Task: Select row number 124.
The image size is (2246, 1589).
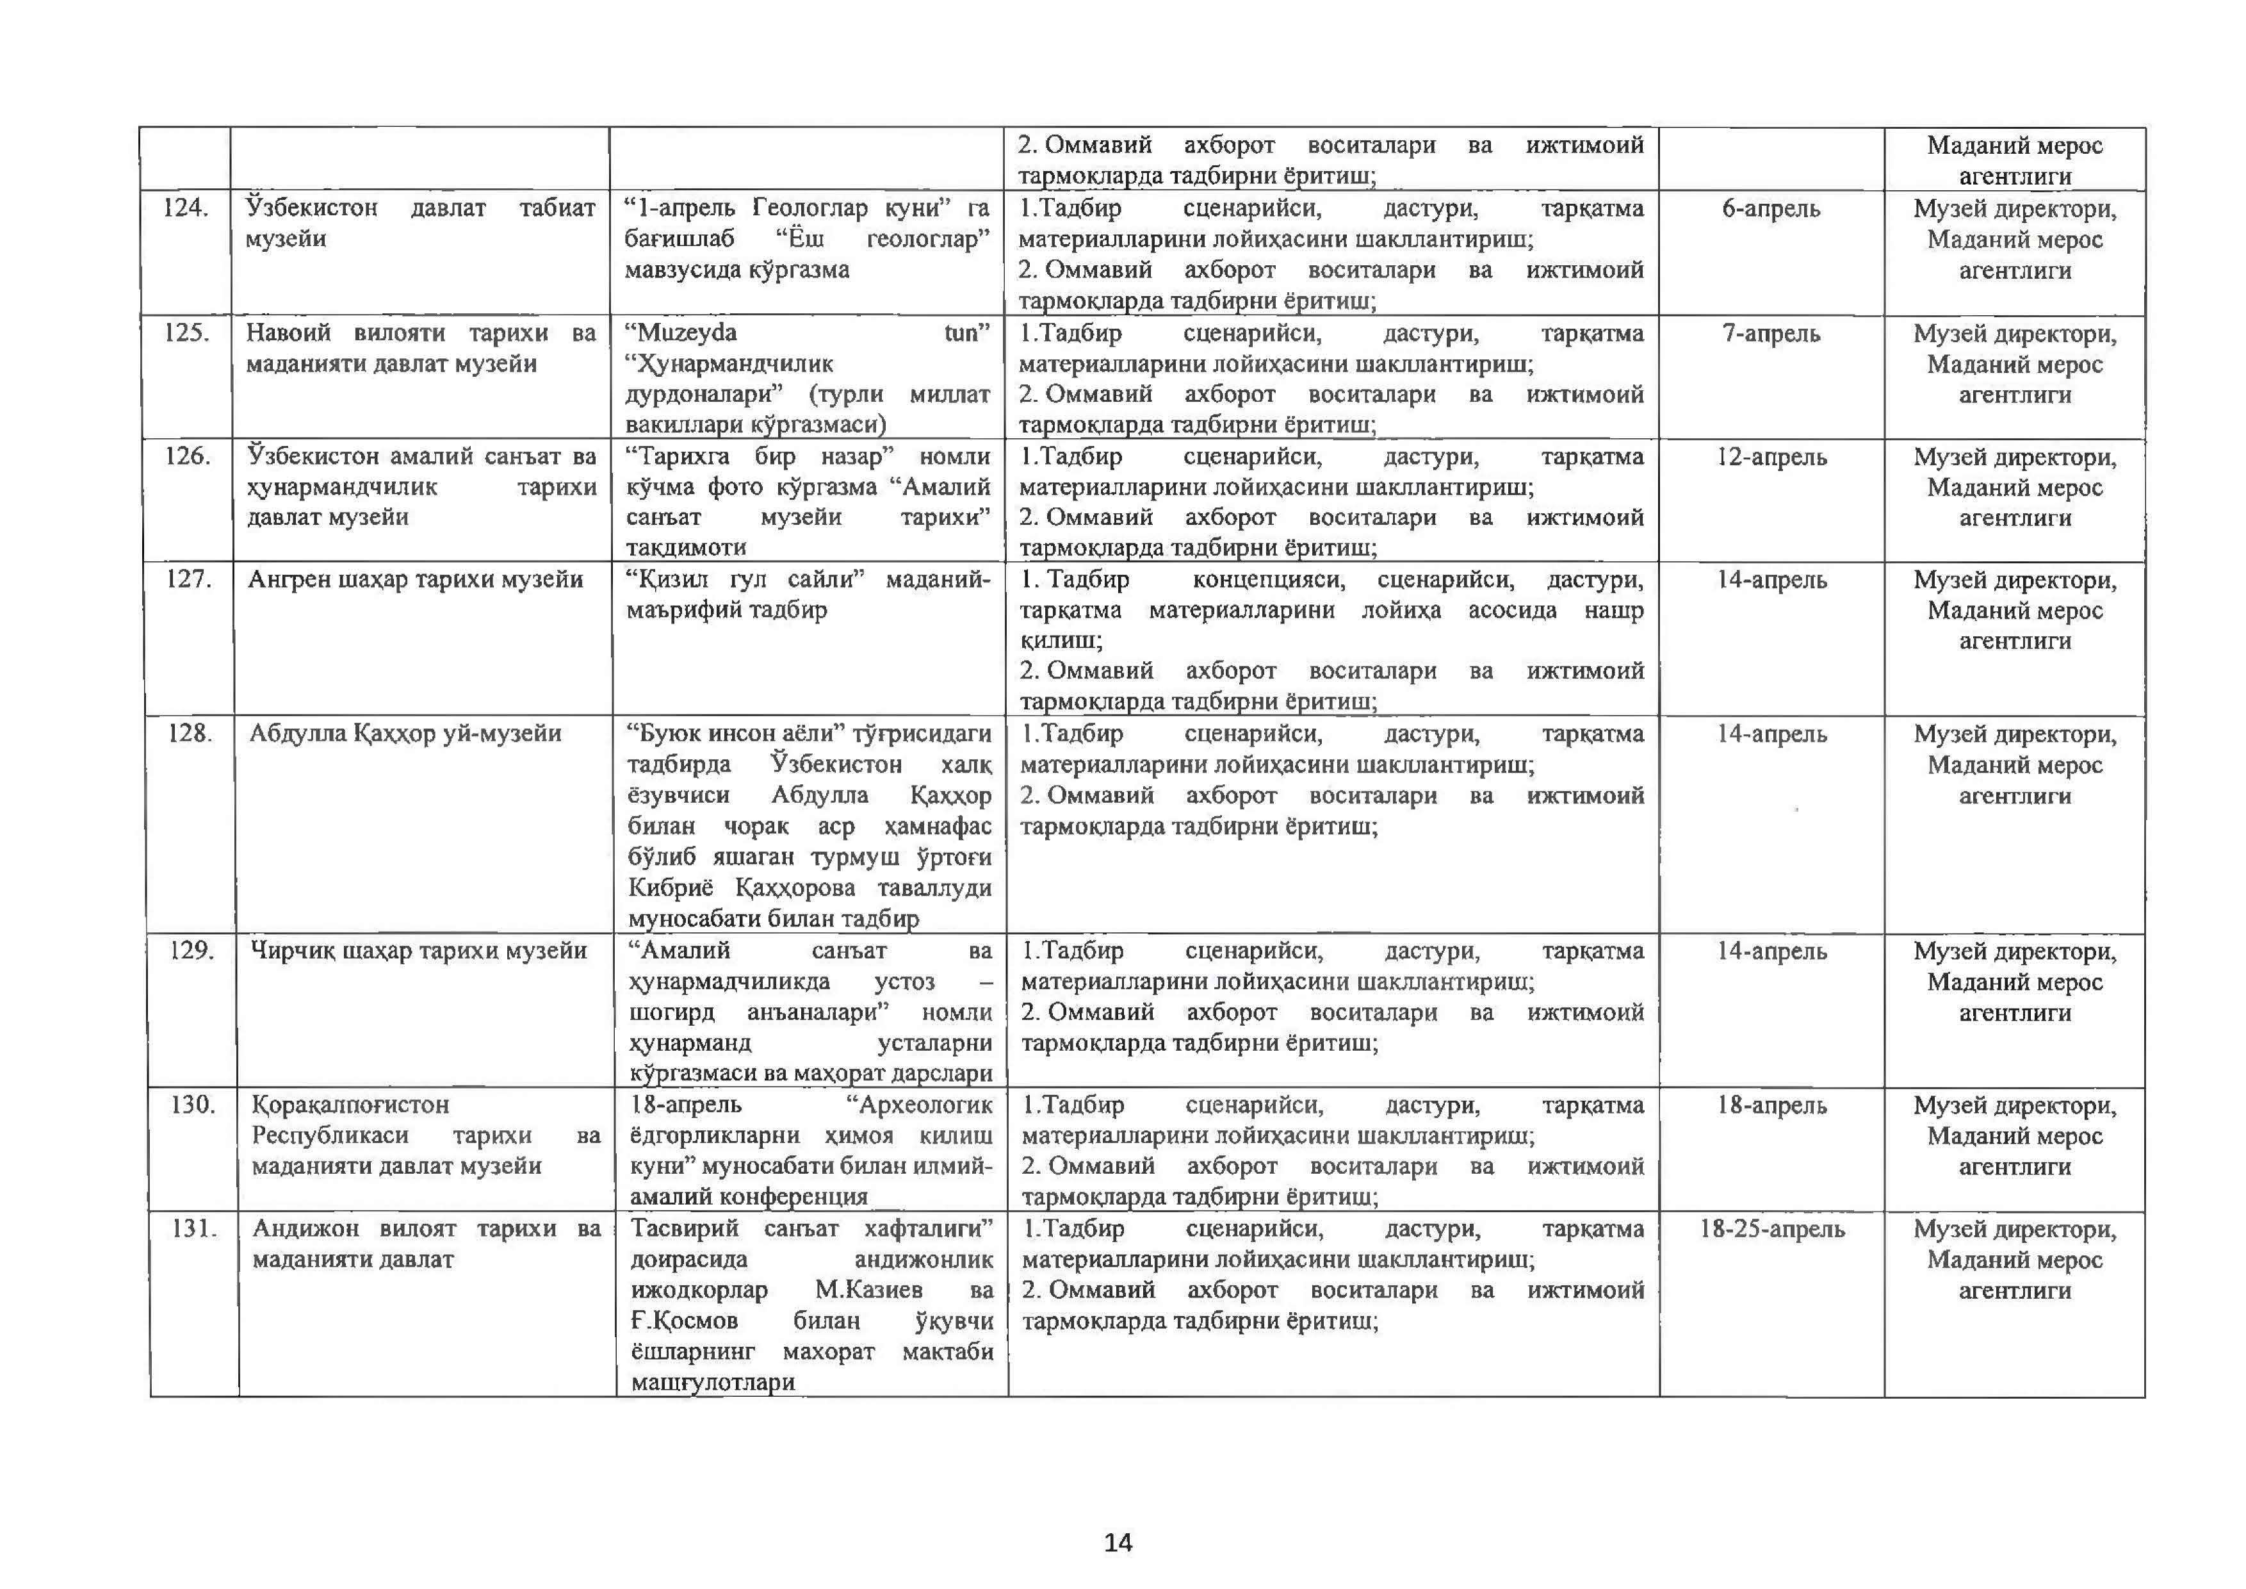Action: point(185,208)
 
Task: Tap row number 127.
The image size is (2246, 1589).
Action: point(188,579)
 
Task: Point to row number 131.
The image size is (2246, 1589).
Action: point(193,1228)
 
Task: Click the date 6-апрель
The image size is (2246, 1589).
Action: point(1771,208)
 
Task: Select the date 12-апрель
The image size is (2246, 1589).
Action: point(1771,457)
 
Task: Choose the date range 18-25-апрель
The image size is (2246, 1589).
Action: point(1771,1229)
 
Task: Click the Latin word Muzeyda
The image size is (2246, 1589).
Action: point(687,333)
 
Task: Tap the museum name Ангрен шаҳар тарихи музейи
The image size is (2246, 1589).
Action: point(415,579)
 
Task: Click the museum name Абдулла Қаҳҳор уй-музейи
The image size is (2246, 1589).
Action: point(405,734)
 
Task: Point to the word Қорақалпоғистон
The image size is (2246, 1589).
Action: point(350,1105)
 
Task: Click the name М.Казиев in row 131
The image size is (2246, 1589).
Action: point(868,1290)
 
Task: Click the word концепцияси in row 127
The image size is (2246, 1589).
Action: point(1268,579)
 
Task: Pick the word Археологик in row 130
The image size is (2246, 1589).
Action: point(924,1105)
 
